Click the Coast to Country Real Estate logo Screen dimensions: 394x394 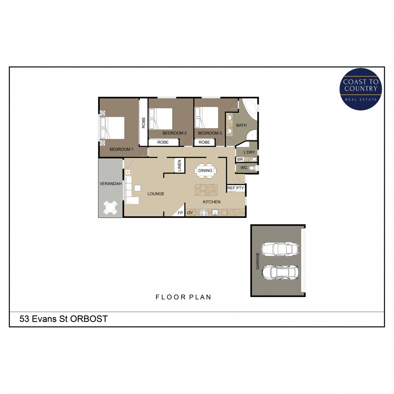pyautogui.click(x=361, y=89)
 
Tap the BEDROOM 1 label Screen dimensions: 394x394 pyautogui.click(x=121, y=149)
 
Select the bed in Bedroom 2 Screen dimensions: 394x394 pyautogui.click(x=161, y=119)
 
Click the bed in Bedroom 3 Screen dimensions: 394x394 pyautogui.click(x=207, y=118)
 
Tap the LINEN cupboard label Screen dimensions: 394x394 pyautogui.click(x=180, y=165)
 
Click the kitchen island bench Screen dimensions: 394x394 pyautogui.click(x=206, y=190)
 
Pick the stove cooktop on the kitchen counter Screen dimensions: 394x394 pyautogui.click(x=204, y=213)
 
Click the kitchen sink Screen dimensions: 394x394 pyautogui.click(x=215, y=213)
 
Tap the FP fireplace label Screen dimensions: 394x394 pyautogui.click(x=180, y=213)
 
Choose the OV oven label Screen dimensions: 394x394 pyautogui.click(x=190, y=213)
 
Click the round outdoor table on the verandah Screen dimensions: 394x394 pyautogui.click(x=110, y=208)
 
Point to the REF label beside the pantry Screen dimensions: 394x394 pyautogui.click(x=231, y=188)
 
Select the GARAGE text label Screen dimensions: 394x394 pyautogui.click(x=258, y=261)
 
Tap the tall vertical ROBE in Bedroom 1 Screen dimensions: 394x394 pyautogui.click(x=143, y=123)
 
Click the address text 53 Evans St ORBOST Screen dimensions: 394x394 pyautogui.click(x=63, y=319)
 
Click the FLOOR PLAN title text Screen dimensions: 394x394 pyautogui.click(x=183, y=297)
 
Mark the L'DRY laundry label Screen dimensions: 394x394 pyautogui.click(x=250, y=152)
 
